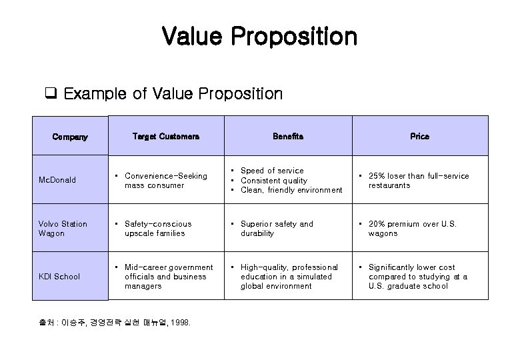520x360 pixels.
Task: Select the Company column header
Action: tap(70, 137)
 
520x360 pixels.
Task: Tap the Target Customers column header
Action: tap(165, 136)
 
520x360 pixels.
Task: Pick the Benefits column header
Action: tap(288, 136)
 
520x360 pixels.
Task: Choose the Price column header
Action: tap(419, 136)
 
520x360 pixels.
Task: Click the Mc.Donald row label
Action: tap(57, 180)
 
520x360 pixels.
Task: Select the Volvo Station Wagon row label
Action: tap(63, 229)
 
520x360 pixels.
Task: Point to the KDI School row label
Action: tap(60, 277)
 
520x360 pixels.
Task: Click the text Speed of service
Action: tap(272, 171)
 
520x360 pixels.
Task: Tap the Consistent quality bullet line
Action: tap(274, 181)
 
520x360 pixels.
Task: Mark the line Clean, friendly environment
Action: tap(291, 190)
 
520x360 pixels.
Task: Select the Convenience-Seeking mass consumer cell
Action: tap(165, 181)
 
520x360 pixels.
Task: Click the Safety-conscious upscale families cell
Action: tap(157, 229)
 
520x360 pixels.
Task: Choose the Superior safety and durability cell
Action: tap(277, 229)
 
